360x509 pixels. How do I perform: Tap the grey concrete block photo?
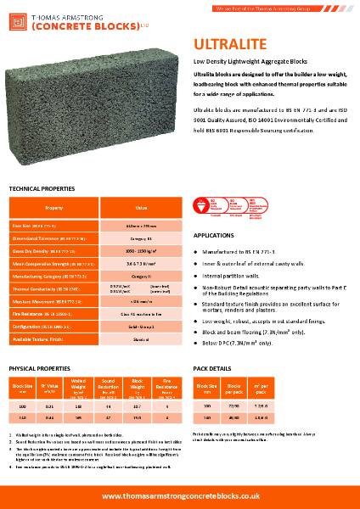tap(93, 110)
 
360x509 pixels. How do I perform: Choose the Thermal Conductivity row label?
tap(42, 289)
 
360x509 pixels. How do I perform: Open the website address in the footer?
tap(180, 495)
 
